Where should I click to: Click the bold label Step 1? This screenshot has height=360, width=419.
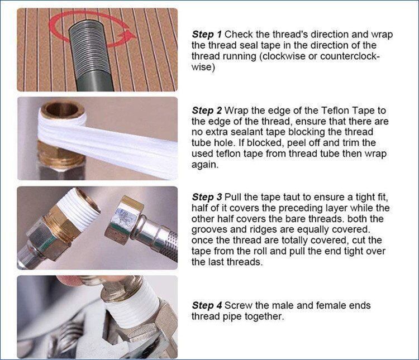click(207, 35)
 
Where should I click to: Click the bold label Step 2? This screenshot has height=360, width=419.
click(207, 111)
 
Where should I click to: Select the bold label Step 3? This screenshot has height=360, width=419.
click(207, 197)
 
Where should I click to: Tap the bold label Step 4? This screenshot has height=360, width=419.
click(207, 305)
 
